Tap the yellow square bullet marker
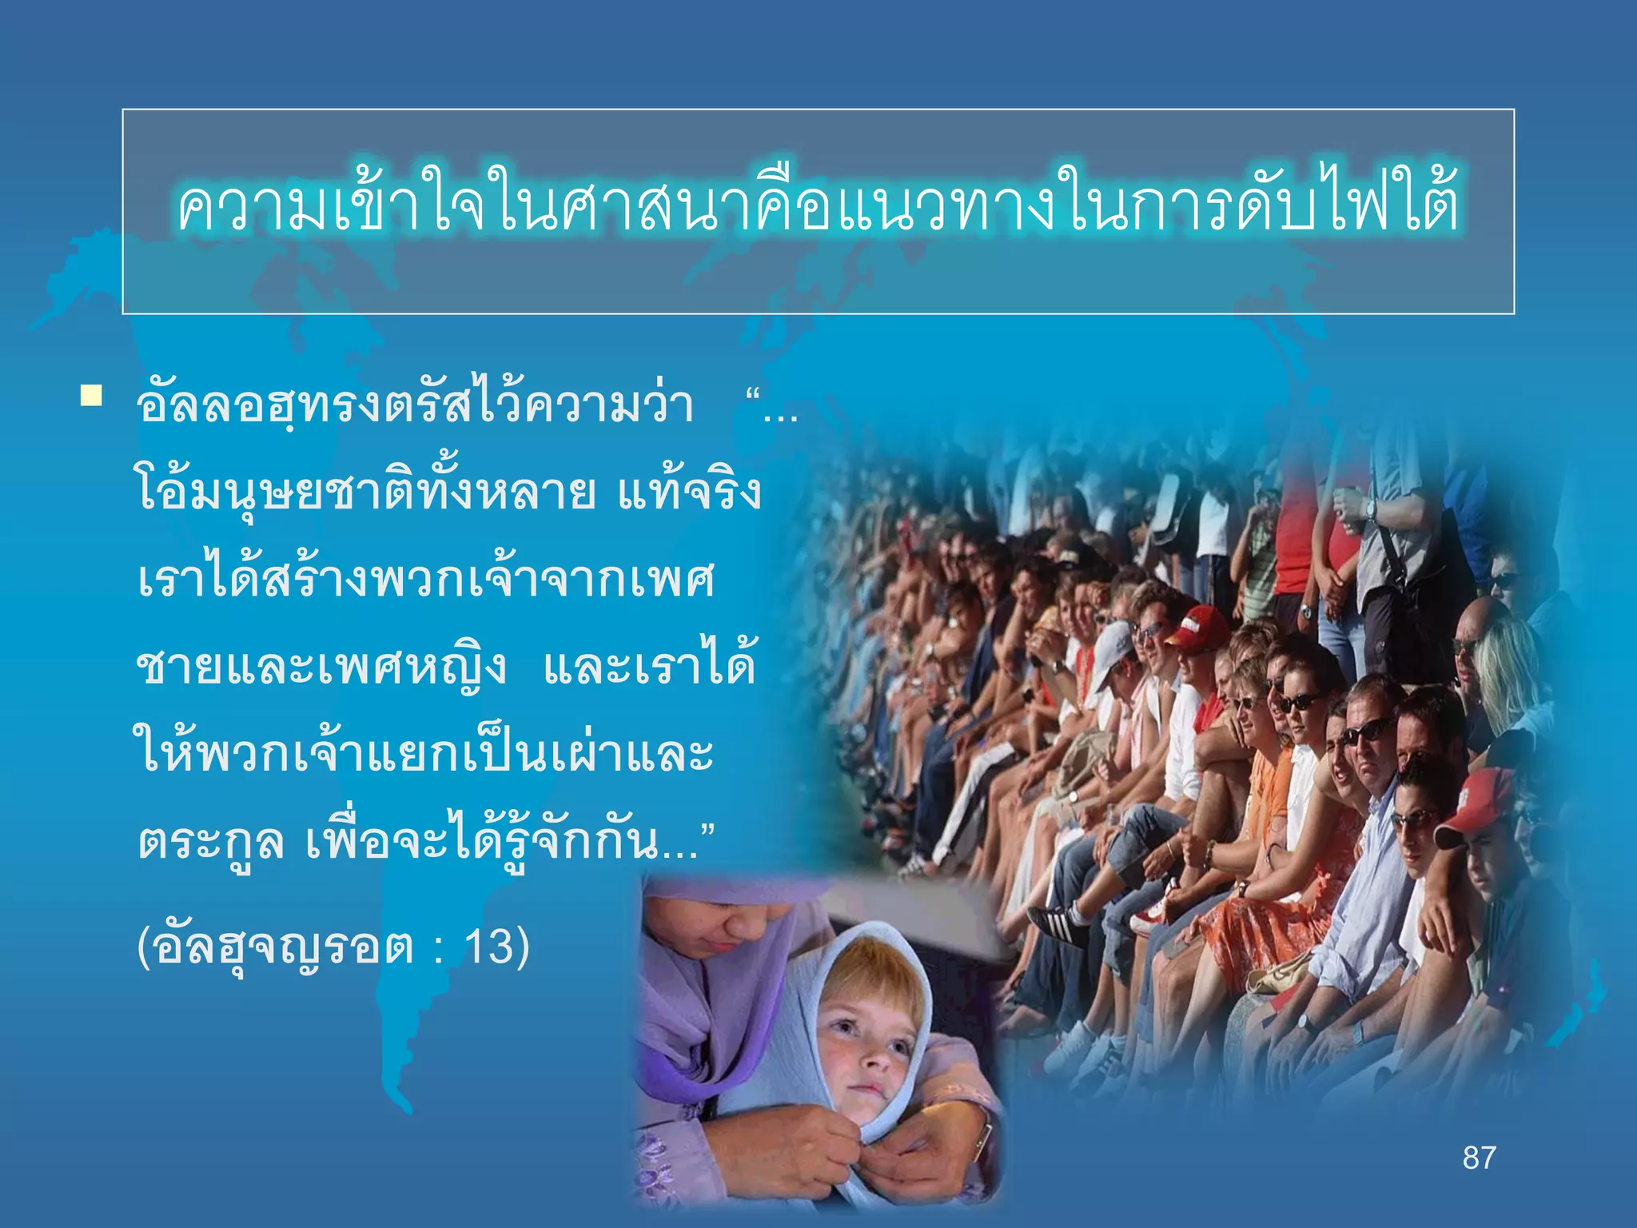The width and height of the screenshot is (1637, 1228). tap(90, 397)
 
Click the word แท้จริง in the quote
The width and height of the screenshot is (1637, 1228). tap(689, 492)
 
